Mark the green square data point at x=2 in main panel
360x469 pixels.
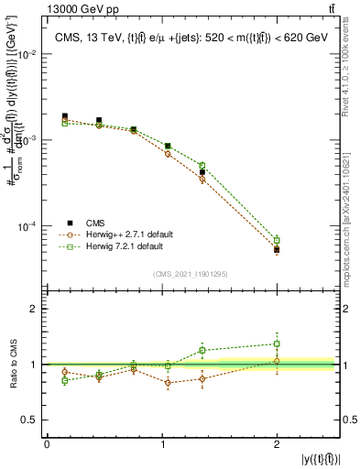[x=277, y=240]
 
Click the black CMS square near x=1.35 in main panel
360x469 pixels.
[x=202, y=172]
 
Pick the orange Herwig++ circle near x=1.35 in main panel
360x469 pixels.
[x=202, y=180]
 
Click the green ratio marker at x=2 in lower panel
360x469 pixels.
[x=277, y=344]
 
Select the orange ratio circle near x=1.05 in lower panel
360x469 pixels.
[x=168, y=383]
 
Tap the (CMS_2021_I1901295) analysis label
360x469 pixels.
[x=190, y=274]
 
